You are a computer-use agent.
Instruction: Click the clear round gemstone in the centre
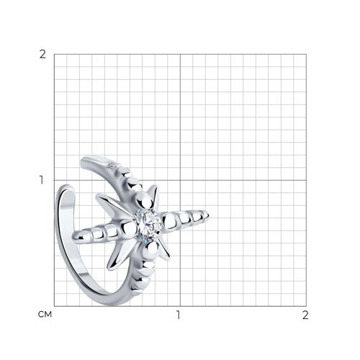click(147, 225)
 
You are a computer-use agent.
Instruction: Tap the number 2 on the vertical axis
click(42, 55)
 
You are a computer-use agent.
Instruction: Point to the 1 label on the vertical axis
click(42, 180)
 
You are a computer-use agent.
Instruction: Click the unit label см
click(45, 314)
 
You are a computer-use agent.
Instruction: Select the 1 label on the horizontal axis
click(178, 315)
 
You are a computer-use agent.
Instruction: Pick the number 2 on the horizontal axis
click(305, 315)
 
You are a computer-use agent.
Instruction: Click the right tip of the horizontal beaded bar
click(209, 215)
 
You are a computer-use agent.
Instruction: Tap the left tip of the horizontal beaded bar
click(73, 237)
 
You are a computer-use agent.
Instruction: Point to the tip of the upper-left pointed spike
click(96, 197)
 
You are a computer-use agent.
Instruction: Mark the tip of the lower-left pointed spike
click(108, 269)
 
